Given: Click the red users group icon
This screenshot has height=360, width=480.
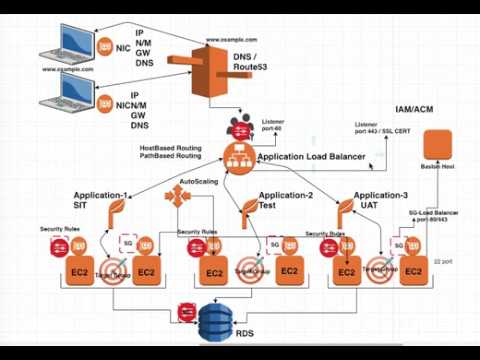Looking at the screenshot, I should pyautogui.click(x=241, y=126).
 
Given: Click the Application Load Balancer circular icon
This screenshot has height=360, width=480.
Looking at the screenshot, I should pyautogui.click(x=237, y=156).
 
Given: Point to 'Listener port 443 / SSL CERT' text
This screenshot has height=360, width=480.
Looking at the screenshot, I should pyautogui.click(x=384, y=129).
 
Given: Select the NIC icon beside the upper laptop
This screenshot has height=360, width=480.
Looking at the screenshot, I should pyautogui.click(x=107, y=44).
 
